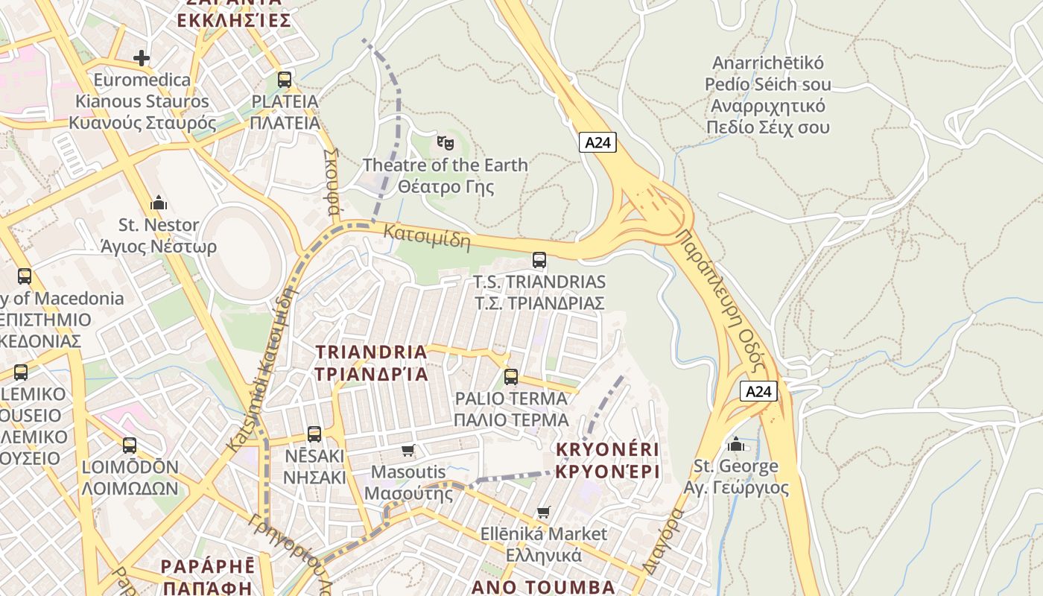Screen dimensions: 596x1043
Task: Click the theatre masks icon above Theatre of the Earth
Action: pyautogui.click(x=445, y=141)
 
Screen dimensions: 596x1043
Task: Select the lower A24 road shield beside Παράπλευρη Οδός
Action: pyautogui.click(x=759, y=391)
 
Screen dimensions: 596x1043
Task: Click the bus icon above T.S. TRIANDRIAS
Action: pyautogui.click(x=539, y=260)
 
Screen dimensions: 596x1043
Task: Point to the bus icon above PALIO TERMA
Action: pyautogui.click(x=510, y=376)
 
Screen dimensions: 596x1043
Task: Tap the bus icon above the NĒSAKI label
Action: pyautogui.click(x=314, y=434)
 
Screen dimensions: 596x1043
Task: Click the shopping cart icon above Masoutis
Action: pyautogui.click(x=408, y=450)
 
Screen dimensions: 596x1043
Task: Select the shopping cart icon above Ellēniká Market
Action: pyautogui.click(x=544, y=512)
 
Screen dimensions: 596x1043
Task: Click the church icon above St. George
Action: pyautogui.click(x=736, y=444)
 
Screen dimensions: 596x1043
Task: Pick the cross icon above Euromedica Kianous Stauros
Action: pyautogui.click(x=142, y=57)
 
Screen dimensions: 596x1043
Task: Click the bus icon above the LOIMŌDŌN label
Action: pyautogui.click(x=130, y=446)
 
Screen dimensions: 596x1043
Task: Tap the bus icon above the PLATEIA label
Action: pyautogui.click(x=285, y=79)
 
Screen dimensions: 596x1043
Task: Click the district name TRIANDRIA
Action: pyautogui.click(x=371, y=352)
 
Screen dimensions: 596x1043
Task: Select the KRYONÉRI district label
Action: pyautogui.click(x=607, y=449)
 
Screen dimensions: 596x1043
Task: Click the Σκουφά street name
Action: pyautogui.click(x=332, y=180)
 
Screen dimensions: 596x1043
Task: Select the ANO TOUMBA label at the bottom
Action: pyautogui.click(x=543, y=587)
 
